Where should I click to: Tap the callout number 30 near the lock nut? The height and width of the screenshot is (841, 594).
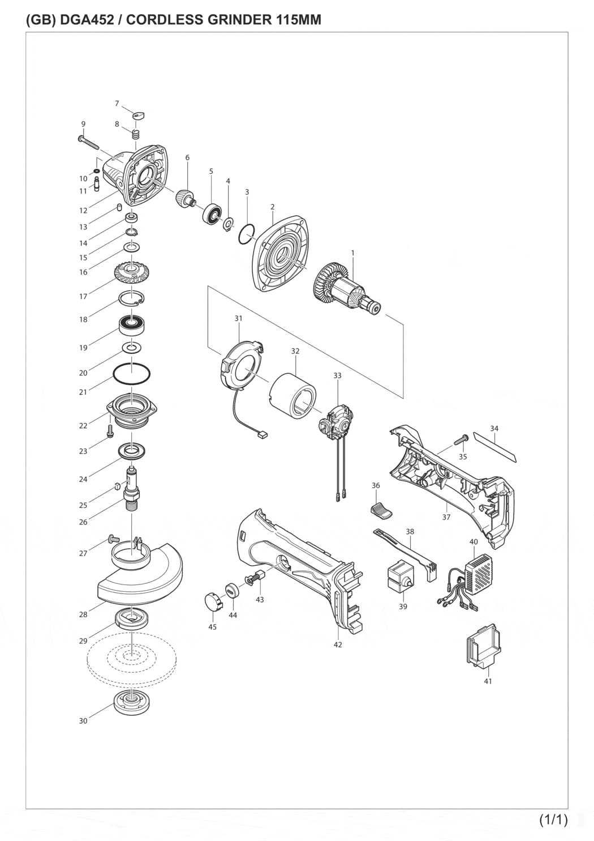[83, 721]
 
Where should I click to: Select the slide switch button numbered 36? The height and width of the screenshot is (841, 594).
[382, 510]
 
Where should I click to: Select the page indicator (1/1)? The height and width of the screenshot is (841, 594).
[553, 819]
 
